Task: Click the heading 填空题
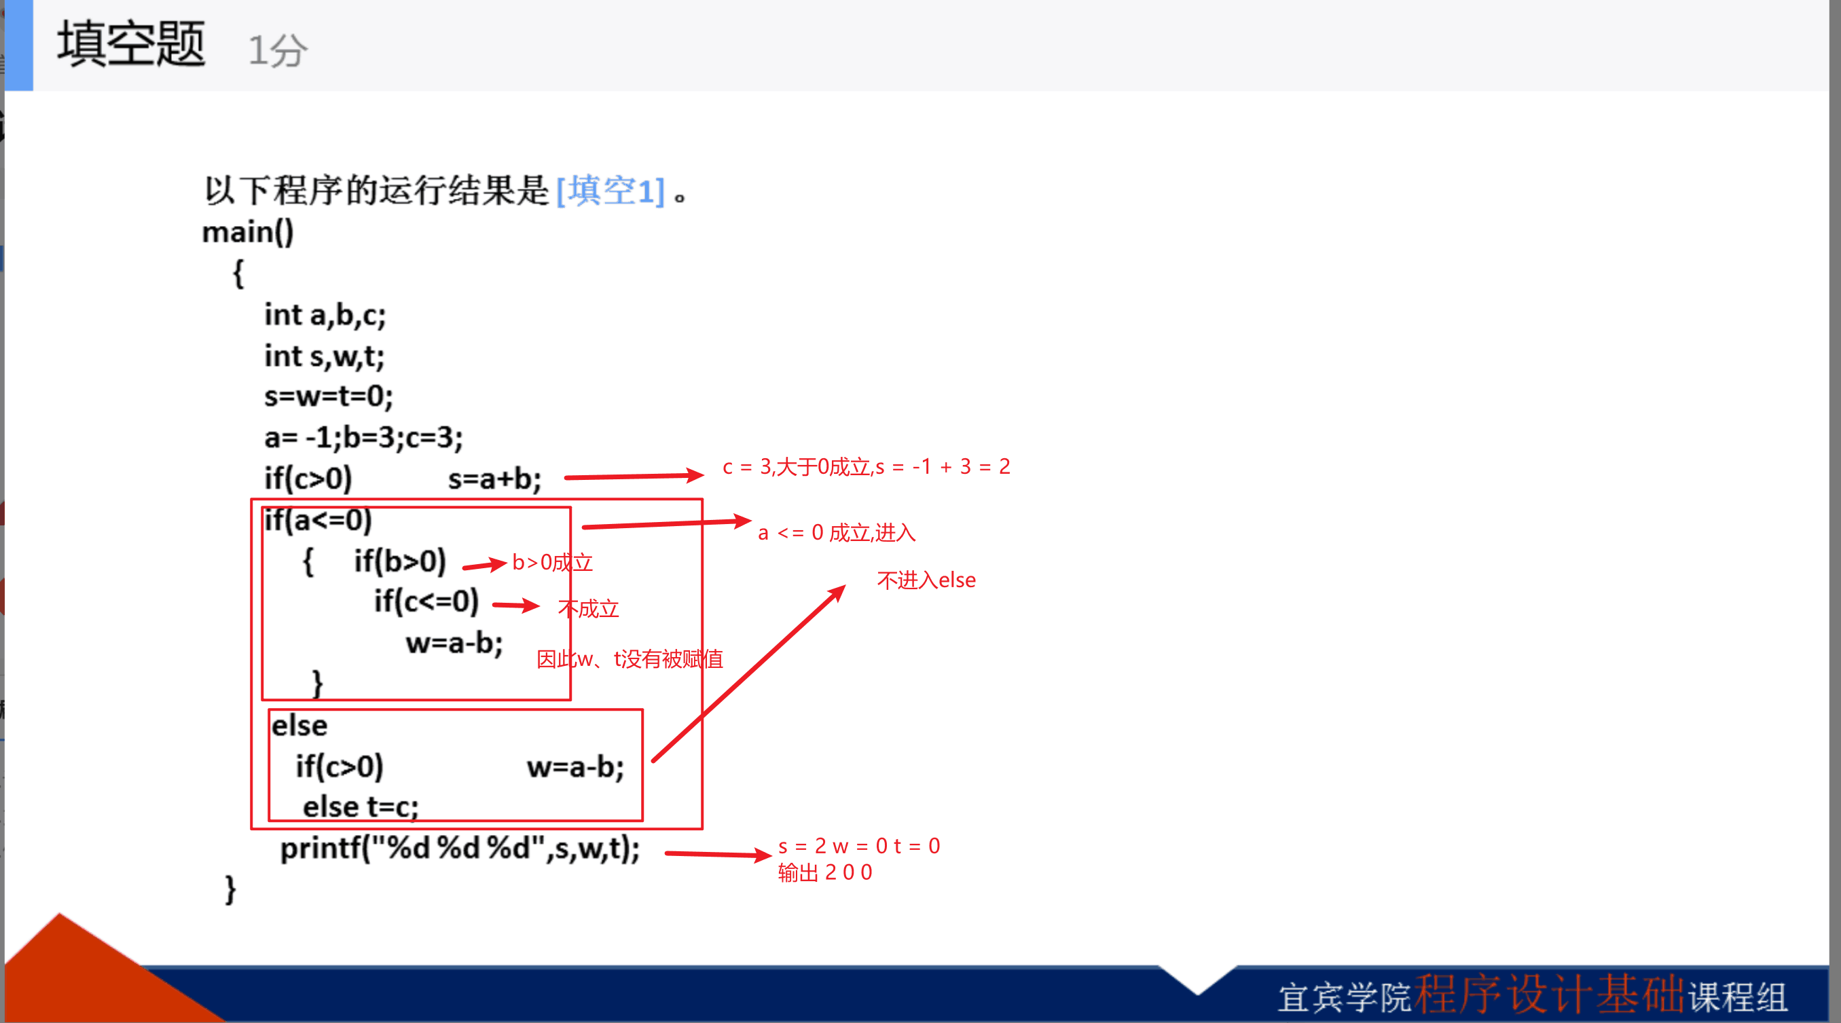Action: (132, 44)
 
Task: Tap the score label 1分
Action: (277, 50)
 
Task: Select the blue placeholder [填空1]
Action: (610, 191)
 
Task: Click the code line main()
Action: (248, 231)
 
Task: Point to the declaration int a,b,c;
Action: (325, 314)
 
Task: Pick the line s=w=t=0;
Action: (329, 395)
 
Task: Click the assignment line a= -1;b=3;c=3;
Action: (364, 436)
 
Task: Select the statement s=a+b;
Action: (494, 478)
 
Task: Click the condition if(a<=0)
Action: (318, 519)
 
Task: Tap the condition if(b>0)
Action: (400, 561)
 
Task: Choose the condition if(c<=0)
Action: (426, 601)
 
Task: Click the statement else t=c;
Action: (361, 806)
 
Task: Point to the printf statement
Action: (460, 848)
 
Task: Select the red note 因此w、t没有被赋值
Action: (630, 658)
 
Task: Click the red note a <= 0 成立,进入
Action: (837, 532)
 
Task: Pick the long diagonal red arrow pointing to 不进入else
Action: (749, 673)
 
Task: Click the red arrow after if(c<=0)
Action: (516, 606)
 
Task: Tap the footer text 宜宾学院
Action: (1345, 997)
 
